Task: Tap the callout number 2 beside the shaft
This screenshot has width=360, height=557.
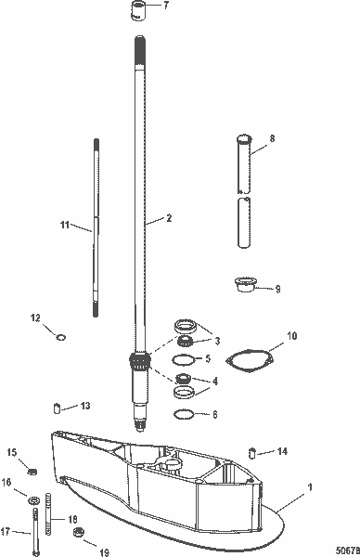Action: coord(169,219)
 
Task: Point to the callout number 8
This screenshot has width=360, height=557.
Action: coord(271,138)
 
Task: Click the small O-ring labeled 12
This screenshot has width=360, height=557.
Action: coord(60,337)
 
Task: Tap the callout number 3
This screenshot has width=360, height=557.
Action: coord(218,340)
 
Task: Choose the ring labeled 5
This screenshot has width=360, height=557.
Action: coord(186,359)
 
